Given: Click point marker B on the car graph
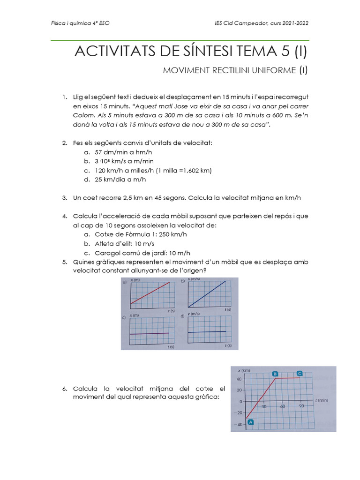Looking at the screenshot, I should pos(275,374).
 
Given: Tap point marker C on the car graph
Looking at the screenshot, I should pos(300,373).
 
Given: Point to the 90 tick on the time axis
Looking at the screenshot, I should pos(301,406).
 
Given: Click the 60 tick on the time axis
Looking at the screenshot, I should pos(282,406).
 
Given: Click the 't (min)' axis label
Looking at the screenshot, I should pos(322,400).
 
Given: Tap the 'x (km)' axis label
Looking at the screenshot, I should pos(243,370).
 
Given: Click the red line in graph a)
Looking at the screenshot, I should pos(150,293).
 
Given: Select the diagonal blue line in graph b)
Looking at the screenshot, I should pos(207,294).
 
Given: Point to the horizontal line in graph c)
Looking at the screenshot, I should pos(150,333).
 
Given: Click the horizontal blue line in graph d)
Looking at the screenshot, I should pos(207,332).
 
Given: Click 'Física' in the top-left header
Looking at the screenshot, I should pos(58,23).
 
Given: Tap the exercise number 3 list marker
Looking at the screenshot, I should pos(65,198).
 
